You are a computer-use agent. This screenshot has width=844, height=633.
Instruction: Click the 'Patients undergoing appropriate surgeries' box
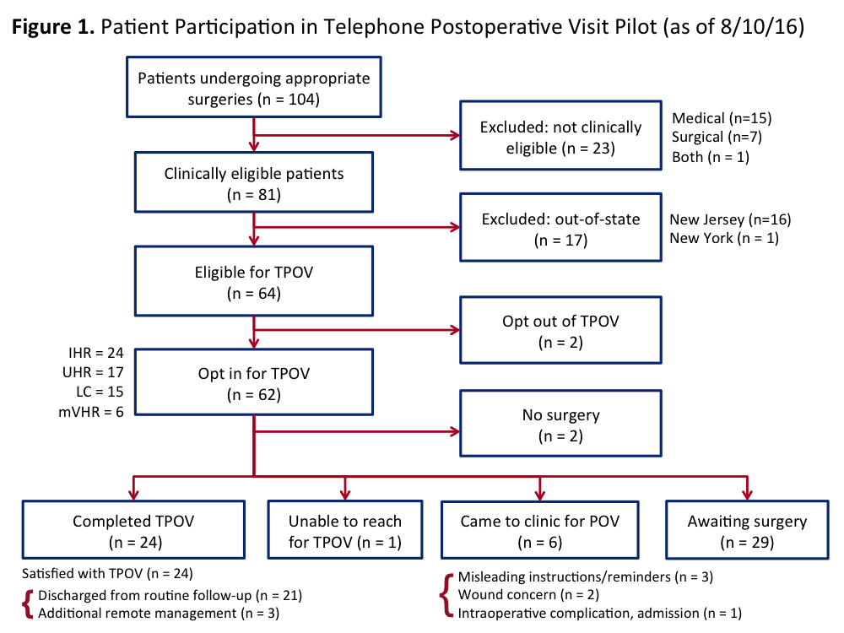[254, 87]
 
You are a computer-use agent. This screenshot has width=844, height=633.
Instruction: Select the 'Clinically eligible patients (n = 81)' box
[254, 182]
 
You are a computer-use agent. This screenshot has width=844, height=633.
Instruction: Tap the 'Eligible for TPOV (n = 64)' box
[254, 281]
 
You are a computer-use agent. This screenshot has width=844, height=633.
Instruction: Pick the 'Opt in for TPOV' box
[254, 382]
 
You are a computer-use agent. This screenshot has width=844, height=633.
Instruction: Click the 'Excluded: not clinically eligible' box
[561, 136]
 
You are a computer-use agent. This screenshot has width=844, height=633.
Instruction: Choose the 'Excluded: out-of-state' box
[561, 228]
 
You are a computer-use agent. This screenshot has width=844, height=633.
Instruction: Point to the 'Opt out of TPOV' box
[561, 330]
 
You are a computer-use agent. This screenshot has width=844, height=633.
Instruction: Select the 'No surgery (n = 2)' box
[561, 424]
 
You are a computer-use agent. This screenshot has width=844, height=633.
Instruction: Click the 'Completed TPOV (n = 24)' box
[133, 530]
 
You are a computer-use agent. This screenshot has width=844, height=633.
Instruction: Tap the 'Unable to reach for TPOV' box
[345, 530]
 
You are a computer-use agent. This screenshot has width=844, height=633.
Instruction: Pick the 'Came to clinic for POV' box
[540, 530]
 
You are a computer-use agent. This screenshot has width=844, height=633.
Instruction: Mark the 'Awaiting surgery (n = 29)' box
[747, 530]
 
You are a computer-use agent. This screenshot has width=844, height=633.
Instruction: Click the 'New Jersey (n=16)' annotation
[730, 219]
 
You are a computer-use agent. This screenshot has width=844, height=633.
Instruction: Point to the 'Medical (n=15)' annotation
[722, 118]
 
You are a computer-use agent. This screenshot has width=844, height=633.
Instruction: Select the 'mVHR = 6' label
[91, 413]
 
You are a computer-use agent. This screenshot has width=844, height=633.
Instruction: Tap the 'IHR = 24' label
[96, 353]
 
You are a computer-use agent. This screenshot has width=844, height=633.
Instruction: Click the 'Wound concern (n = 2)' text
[528, 595]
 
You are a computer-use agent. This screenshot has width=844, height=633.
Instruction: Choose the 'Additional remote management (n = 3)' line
[159, 614]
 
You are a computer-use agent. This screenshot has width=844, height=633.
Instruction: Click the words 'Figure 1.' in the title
[52, 26]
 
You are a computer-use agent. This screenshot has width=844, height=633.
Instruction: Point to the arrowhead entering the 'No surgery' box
[456, 431]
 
